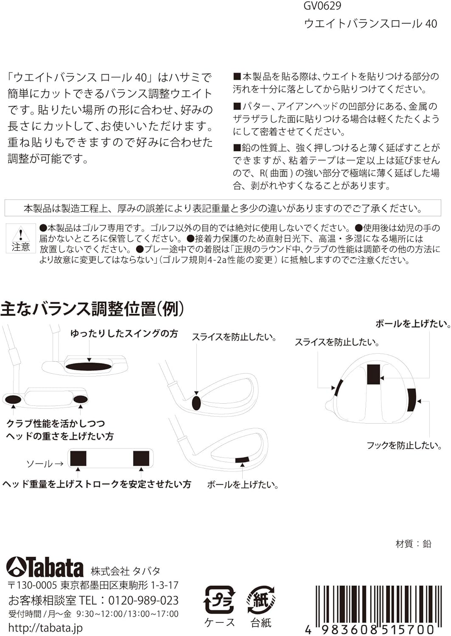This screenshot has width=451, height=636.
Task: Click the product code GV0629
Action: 322,6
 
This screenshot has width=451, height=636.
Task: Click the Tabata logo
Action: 45,567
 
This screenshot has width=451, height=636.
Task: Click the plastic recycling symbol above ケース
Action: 219,599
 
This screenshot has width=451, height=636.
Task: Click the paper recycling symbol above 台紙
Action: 261,599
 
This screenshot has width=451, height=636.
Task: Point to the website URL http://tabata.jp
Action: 45,628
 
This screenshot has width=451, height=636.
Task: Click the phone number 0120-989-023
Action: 143,600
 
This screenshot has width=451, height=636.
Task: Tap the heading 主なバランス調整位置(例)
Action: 92,309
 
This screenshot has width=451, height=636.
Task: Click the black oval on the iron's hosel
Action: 196,402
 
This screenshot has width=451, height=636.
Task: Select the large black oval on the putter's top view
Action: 89,366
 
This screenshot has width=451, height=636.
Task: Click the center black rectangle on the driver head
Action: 373,374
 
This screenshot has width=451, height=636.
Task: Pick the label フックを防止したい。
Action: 404,445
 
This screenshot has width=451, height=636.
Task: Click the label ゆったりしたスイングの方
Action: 124,334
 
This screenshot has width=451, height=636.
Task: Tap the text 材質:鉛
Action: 413,544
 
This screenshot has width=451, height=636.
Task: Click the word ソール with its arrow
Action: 45,463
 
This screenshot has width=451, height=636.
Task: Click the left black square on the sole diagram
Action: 78,458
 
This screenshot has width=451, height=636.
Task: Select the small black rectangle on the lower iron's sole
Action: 242,460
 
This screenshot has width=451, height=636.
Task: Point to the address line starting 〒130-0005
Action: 93,585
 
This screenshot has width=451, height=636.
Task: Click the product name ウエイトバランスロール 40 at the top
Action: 370,23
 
